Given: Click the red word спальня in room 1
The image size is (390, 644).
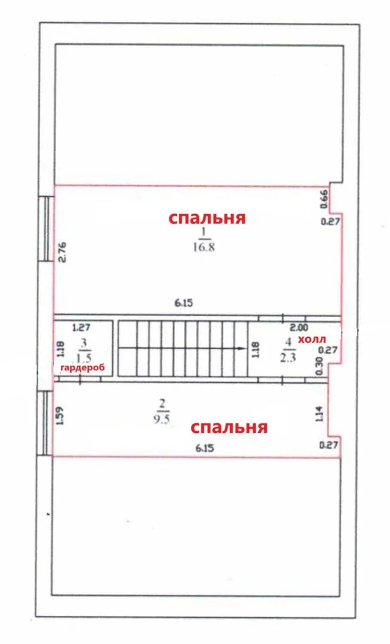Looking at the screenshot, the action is pyautogui.click(x=207, y=218).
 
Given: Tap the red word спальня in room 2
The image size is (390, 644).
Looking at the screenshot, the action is pyautogui.click(x=229, y=428).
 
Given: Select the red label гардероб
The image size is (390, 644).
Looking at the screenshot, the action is pyautogui.click(x=82, y=367).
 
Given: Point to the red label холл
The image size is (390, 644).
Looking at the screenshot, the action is pyautogui.click(x=312, y=339).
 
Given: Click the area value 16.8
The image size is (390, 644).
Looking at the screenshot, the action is pyautogui.click(x=204, y=247).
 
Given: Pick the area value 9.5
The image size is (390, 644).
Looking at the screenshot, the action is pyautogui.click(x=162, y=419).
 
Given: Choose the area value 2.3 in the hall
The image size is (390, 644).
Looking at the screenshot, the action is pyautogui.click(x=288, y=357).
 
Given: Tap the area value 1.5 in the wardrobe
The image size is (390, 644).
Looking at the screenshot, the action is pyautogui.click(x=84, y=358).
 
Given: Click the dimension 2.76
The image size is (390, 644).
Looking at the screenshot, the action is pyautogui.click(x=63, y=252).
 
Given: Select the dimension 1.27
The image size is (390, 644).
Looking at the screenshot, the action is pyautogui.click(x=81, y=328).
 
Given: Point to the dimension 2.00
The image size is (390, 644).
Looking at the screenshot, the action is pyautogui.click(x=299, y=328).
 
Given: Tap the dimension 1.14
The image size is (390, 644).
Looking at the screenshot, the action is pyautogui.click(x=321, y=413).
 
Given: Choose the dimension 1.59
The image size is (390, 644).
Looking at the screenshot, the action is pyautogui.click(x=60, y=415).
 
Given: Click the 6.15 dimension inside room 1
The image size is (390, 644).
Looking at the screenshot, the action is pyautogui.click(x=183, y=303).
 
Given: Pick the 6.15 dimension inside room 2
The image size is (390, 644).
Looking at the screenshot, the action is pyautogui.click(x=204, y=448).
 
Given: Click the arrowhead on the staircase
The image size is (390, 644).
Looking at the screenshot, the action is pyautogui.click(x=239, y=349).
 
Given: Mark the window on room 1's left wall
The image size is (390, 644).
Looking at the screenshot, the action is pyautogui.click(x=47, y=228).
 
